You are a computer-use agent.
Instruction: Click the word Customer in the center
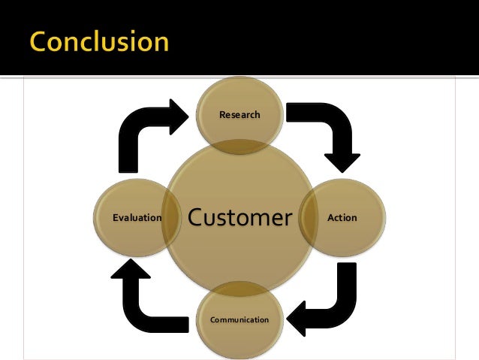tap(239, 218)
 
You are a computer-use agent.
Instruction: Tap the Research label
tap(239, 115)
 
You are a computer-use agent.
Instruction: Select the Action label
tap(342, 218)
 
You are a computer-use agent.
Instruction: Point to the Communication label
tap(239, 319)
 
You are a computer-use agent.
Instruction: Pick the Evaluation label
tap(137, 218)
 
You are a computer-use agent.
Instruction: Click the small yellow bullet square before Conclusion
tap(16, 43)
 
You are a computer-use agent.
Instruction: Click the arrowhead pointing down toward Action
tap(342, 162)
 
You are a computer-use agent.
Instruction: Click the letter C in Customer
tap(197, 218)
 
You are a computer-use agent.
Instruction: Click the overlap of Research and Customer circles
tap(239, 143)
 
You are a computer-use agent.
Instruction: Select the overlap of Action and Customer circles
tap(309, 218)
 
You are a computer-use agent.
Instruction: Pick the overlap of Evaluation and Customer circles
tap(171, 218)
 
